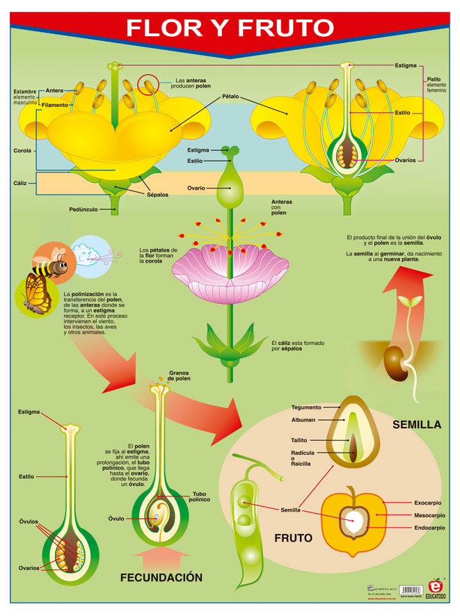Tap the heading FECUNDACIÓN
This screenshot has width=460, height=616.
pyautogui.click(x=161, y=577)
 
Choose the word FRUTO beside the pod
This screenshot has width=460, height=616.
pyautogui.click(x=293, y=538)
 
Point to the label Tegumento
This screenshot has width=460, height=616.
pyautogui.click(x=306, y=407)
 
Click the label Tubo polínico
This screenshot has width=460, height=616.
pyautogui.click(x=198, y=497)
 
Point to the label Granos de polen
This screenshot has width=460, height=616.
pyautogui.click(x=179, y=375)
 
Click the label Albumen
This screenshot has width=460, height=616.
pyautogui.click(x=303, y=420)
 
